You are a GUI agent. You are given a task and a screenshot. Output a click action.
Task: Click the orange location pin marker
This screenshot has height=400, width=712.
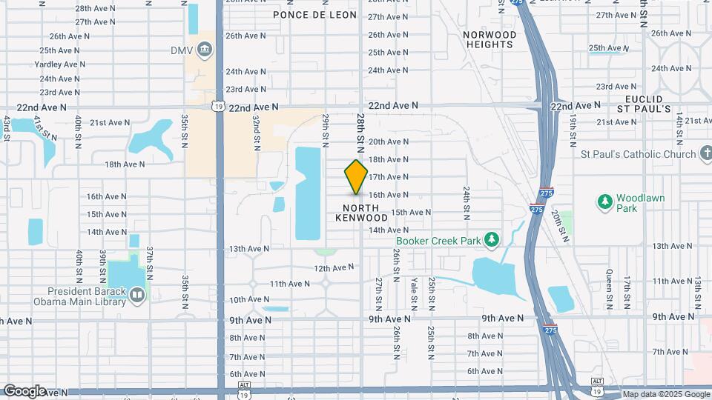pyautogui.click(x=356, y=176)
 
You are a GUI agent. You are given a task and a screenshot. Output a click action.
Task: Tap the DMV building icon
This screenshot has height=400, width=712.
pyautogui.click(x=204, y=50)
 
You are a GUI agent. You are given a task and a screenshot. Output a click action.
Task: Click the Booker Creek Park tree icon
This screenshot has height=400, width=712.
pyautogui.click(x=490, y=239)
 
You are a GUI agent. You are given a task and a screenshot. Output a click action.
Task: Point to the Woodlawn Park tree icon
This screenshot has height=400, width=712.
pyautogui.click(x=605, y=201)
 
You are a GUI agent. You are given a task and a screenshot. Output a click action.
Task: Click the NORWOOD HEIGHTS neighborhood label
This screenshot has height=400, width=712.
pyautogui.click(x=489, y=39)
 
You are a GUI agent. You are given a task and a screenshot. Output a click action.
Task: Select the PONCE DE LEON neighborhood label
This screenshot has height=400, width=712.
pyautogui.click(x=314, y=15)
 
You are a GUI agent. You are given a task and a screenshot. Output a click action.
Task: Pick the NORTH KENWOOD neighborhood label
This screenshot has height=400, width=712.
pyautogui.click(x=361, y=213)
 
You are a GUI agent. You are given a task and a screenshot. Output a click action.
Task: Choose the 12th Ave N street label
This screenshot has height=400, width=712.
pyautogui.click(x=332, y=268)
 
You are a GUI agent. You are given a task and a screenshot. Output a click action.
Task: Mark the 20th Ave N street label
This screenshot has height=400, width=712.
pyautogui.click(x=389, y=141)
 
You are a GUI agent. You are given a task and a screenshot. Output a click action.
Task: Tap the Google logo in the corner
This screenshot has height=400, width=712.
pyautogui.click(x=24, y=391)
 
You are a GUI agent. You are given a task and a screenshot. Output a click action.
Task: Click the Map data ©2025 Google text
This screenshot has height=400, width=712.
pyautogui.click(x=665, y=394)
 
